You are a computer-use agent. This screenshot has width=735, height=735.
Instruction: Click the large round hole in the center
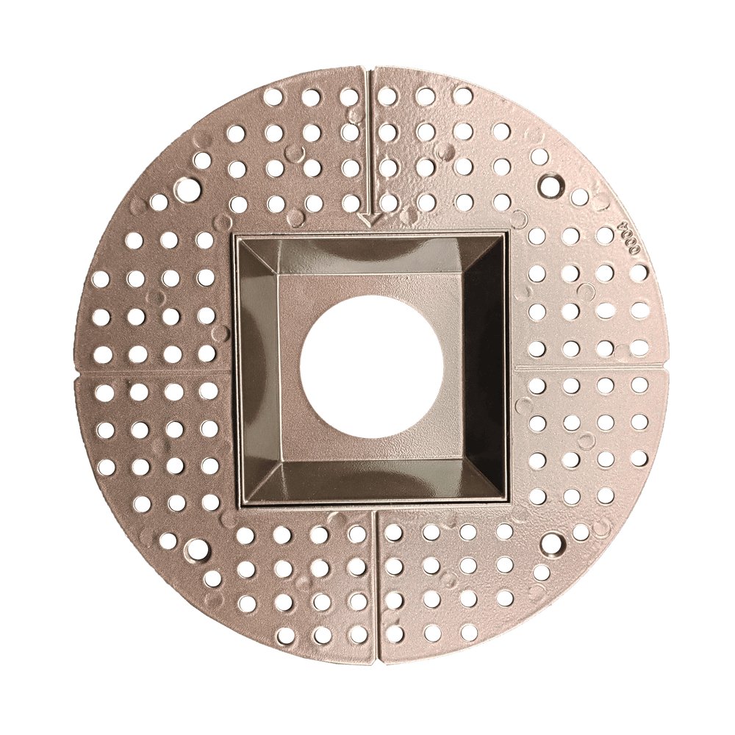[x=372, y=366]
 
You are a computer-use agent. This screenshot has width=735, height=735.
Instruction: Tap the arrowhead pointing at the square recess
[x=370, y=218]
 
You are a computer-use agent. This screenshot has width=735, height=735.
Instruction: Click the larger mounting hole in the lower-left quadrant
[x=196, y=548]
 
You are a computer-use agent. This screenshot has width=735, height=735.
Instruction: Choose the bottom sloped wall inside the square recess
[x=371, y=481]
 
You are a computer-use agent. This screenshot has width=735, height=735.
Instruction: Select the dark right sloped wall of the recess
[x=487, y=367]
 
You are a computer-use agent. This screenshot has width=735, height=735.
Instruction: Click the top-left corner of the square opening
[x=235, y=235]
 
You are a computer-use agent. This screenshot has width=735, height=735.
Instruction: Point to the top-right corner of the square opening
[x=507, y=234]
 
